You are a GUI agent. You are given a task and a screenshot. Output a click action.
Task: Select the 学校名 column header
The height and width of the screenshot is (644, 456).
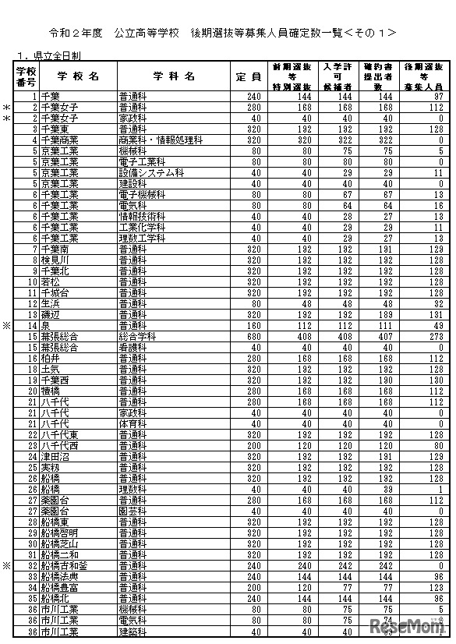coord(78,76)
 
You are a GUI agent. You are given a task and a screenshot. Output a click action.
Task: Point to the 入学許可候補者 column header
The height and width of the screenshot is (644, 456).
coord(340,76)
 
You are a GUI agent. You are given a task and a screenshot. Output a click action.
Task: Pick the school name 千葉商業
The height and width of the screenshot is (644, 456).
coord(59,140)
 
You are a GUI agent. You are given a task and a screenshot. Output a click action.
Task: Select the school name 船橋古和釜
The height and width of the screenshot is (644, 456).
coord(64,565)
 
